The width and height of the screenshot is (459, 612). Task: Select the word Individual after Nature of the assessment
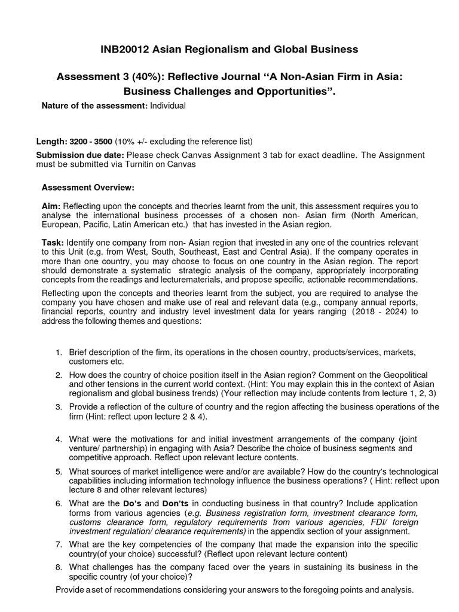[x=168, y=106]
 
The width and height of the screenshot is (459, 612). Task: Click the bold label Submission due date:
[x=72, y=155]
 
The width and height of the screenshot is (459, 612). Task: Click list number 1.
[x=59, y=352]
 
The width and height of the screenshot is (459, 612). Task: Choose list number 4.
[x=59, y=439]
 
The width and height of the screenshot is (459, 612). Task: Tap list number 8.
[x=59, y=567]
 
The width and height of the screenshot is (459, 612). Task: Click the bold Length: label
[x=52, y=141]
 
